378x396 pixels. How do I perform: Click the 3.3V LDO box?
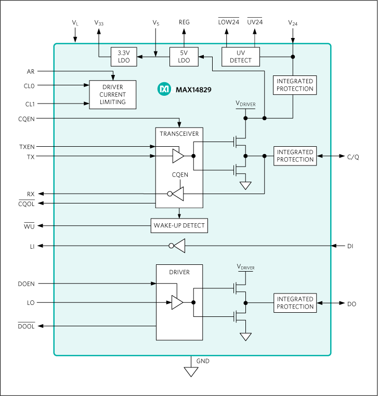(x=124, y=57)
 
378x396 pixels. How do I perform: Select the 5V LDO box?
(x=184, y=57)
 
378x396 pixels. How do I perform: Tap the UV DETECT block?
(x=240, y=57)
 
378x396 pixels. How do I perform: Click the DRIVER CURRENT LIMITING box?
(x=113, y=95)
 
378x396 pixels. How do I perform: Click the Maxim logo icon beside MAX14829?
(x=164, y=90)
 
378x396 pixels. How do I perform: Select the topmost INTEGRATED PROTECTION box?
(x=295, y=85)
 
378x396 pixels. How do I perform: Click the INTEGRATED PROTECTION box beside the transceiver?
(x=295, y=156)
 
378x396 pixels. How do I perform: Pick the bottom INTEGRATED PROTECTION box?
(x=295, y=303)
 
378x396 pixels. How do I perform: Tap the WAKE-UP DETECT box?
(x=179, y=225)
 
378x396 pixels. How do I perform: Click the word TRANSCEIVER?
(x=179, y=134)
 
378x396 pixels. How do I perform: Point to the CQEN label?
(x=180, y=175)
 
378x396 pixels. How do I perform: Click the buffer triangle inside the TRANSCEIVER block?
(x=178, y=156)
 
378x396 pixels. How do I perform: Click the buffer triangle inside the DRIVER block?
(x=177, y=302)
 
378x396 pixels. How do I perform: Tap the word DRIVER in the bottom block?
(x=179, y=272)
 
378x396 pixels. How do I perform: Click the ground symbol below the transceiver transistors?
(x=245, y=186)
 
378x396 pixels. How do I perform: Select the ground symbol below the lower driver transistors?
(x=245, y=337)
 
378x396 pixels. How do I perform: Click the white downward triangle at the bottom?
(x=191, y=372)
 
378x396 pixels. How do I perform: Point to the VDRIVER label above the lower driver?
(x=246, y=267)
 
